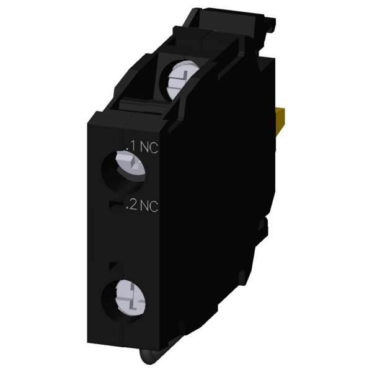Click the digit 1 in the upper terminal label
tap(133, 146)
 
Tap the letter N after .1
tap(144, 147)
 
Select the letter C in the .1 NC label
tap(154, 148)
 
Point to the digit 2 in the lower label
tap(133, 205)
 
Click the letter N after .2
tap(144, 205)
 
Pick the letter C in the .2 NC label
tap(154, 206)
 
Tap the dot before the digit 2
tap(127, 208)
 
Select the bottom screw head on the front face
tap(130, 298)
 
